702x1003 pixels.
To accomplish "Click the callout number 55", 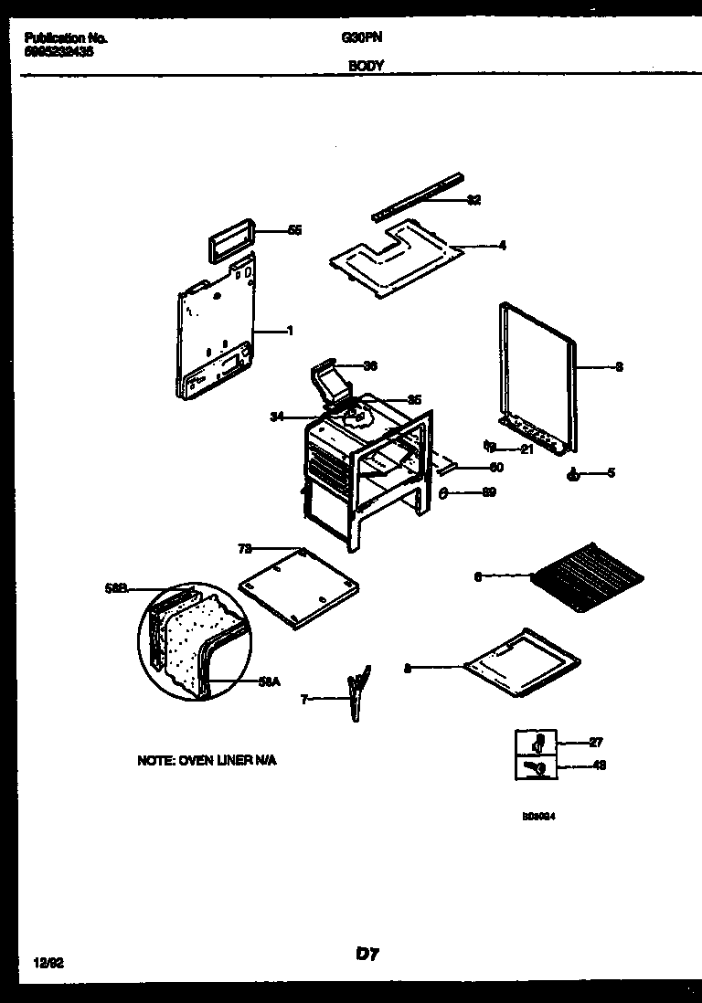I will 294,231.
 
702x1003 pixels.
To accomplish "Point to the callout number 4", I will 502,245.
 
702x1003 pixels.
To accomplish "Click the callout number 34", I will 276,417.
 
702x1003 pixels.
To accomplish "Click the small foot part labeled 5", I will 573,473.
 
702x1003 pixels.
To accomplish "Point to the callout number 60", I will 496,468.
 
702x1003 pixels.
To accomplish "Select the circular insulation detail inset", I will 193,641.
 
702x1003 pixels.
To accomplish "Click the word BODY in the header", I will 366,66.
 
